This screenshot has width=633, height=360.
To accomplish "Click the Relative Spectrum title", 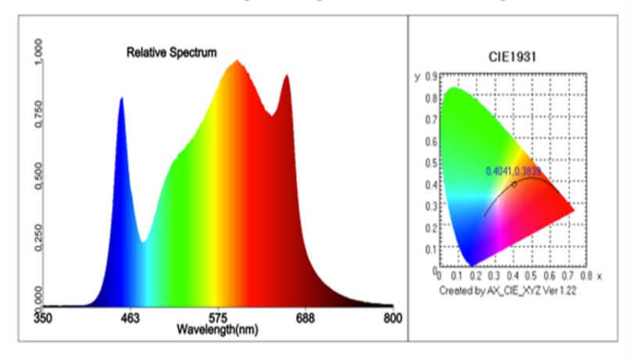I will click(x=172, y=53).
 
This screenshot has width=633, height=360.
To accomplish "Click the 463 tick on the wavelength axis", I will click(x=130, y=319).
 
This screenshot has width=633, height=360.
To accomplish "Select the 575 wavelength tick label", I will click(x=218, y=319).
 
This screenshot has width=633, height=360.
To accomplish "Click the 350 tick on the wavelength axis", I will click(x=42, y=319).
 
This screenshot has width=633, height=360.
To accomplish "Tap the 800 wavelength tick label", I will click(x=393, y=319).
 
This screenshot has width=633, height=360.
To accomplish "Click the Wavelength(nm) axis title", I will click(x=217, y=330).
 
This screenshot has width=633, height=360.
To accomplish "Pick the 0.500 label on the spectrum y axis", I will click(x=39, y=177).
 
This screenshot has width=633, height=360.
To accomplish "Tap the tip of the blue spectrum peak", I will click(x=121, y=98).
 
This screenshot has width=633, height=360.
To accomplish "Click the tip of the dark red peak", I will click(x=287, y=76).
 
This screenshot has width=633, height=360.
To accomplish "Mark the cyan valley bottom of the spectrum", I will click(x=143, y=241).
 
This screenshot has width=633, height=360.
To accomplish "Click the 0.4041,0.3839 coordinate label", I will click(x=513, y=171).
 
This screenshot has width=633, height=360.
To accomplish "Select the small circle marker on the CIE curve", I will click(x=514, y=184).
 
